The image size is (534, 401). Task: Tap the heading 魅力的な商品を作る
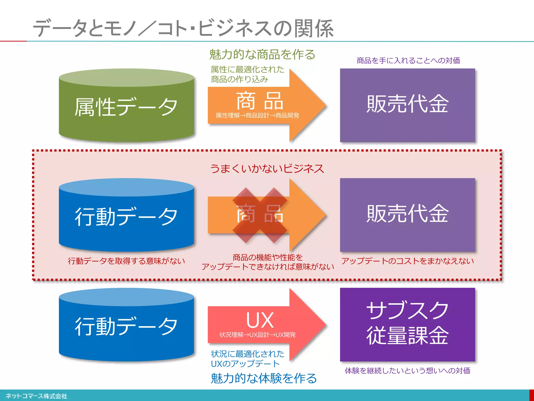tap(262, 54)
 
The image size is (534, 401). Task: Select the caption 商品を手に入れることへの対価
tap(408, 61)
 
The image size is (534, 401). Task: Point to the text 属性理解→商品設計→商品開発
tap(257, 115)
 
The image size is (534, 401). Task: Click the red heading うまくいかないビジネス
tap(267, 169)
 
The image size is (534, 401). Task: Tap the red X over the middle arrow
tap(260, 215)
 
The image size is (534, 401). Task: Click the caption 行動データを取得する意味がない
tap(126, 261)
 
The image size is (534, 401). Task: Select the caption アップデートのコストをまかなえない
tap(407, 261)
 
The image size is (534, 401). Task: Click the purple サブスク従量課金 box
tap(407, 324)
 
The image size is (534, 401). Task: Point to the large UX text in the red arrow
tap(260, 320)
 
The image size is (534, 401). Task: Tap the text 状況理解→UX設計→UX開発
tap(257, 335)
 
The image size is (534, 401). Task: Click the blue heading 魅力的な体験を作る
tap(264, 378)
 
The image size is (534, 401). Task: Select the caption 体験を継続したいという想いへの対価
tap(407, 370)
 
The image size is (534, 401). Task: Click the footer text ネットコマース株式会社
tap(36, 396)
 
